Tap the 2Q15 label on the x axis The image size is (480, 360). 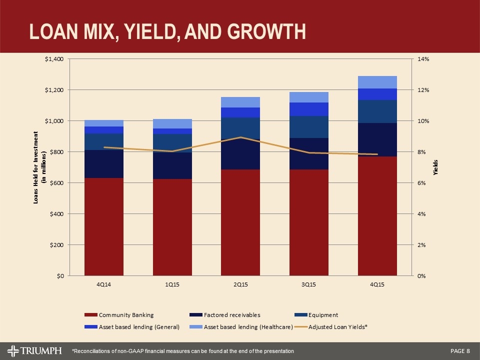point(240,284)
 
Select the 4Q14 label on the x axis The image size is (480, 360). point(104,284)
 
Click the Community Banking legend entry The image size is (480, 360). point(126,315)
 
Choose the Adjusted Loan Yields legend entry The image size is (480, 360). point(336,326)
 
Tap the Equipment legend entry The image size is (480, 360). point(322,315)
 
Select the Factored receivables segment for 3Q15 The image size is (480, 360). point(309,154)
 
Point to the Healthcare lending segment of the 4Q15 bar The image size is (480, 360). point(377,82)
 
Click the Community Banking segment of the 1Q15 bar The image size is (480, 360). point(172,227)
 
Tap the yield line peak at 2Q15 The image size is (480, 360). point(240,137)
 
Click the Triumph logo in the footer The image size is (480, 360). point(35,349)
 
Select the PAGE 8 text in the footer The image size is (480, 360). point(460,349)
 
